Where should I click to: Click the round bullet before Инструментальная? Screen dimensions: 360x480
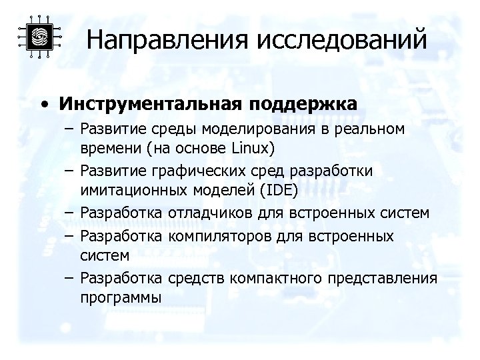(x=43, y=105)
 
